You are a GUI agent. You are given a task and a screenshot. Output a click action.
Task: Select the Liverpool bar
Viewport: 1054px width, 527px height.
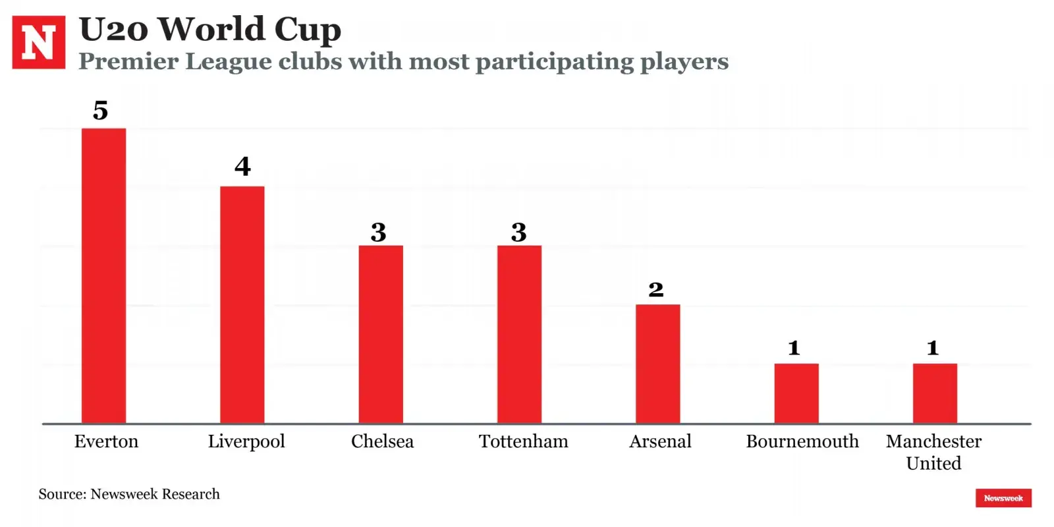[242, 304]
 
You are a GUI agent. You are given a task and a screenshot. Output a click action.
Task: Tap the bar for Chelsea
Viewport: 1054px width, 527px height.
[381, 334]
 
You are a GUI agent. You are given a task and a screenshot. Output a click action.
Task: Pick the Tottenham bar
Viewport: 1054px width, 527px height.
[519, 334]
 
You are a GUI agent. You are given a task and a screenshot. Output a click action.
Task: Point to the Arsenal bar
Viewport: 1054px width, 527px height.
[657, 364]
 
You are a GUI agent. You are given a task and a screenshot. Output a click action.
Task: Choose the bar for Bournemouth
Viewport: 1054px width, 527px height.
[796, 393]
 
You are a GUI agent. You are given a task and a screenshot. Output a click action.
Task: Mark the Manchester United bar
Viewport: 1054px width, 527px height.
[935, 393]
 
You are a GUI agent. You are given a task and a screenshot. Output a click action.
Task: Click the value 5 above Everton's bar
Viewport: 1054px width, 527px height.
[100, 110]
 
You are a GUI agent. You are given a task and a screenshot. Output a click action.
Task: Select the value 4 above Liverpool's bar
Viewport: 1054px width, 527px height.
[242, 166]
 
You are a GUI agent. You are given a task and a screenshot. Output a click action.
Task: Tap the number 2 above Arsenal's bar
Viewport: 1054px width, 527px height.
[656, 289]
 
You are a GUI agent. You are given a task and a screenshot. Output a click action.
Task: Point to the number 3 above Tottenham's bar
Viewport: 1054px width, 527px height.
[519, 232]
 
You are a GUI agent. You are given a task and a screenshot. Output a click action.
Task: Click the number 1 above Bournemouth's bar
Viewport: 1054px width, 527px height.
[794, 348]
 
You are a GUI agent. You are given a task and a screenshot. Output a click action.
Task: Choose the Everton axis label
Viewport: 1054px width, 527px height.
[106, 441]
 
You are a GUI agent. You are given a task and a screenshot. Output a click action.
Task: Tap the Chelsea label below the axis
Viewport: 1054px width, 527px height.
[382, 441]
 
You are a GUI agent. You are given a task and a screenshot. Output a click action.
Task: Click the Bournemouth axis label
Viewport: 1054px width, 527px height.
[802, 441]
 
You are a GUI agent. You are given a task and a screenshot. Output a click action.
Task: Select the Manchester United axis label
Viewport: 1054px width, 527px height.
[933, 452]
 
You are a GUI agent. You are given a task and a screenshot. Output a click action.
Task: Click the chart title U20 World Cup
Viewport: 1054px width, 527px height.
[209, 29]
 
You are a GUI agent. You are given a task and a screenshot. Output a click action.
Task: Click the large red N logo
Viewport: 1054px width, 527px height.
[39, 42]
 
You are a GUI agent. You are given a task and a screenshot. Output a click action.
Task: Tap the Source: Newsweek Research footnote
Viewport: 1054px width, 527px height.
[129, 494]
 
